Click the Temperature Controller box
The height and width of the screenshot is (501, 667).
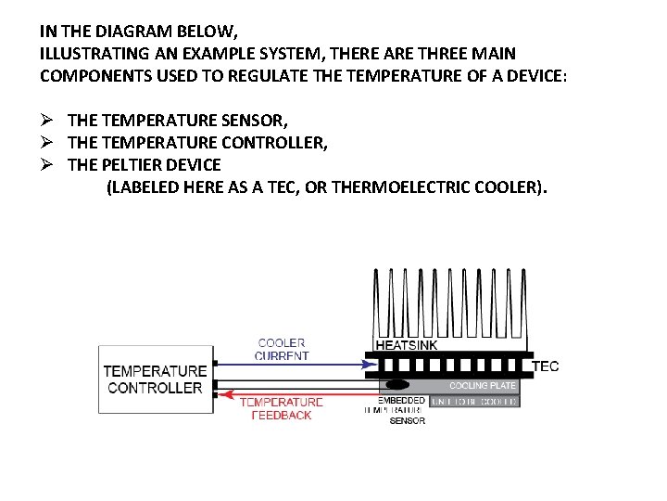(155, 379)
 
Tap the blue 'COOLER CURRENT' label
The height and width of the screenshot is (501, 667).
(283, 349)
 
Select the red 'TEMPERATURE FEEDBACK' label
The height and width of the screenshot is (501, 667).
(282, 409)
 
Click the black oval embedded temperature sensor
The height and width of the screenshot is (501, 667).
(396, 384)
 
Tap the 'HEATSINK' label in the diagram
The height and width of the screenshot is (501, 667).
(407, 345)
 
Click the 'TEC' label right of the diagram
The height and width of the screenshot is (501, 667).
(546, 366)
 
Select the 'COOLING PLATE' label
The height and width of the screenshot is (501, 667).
(482, 385)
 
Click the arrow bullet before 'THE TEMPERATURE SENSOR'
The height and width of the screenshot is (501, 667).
(49, 121)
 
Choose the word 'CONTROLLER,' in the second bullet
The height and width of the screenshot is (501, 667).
(275, 143)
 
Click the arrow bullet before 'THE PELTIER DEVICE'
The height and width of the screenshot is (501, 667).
(49, 165)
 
